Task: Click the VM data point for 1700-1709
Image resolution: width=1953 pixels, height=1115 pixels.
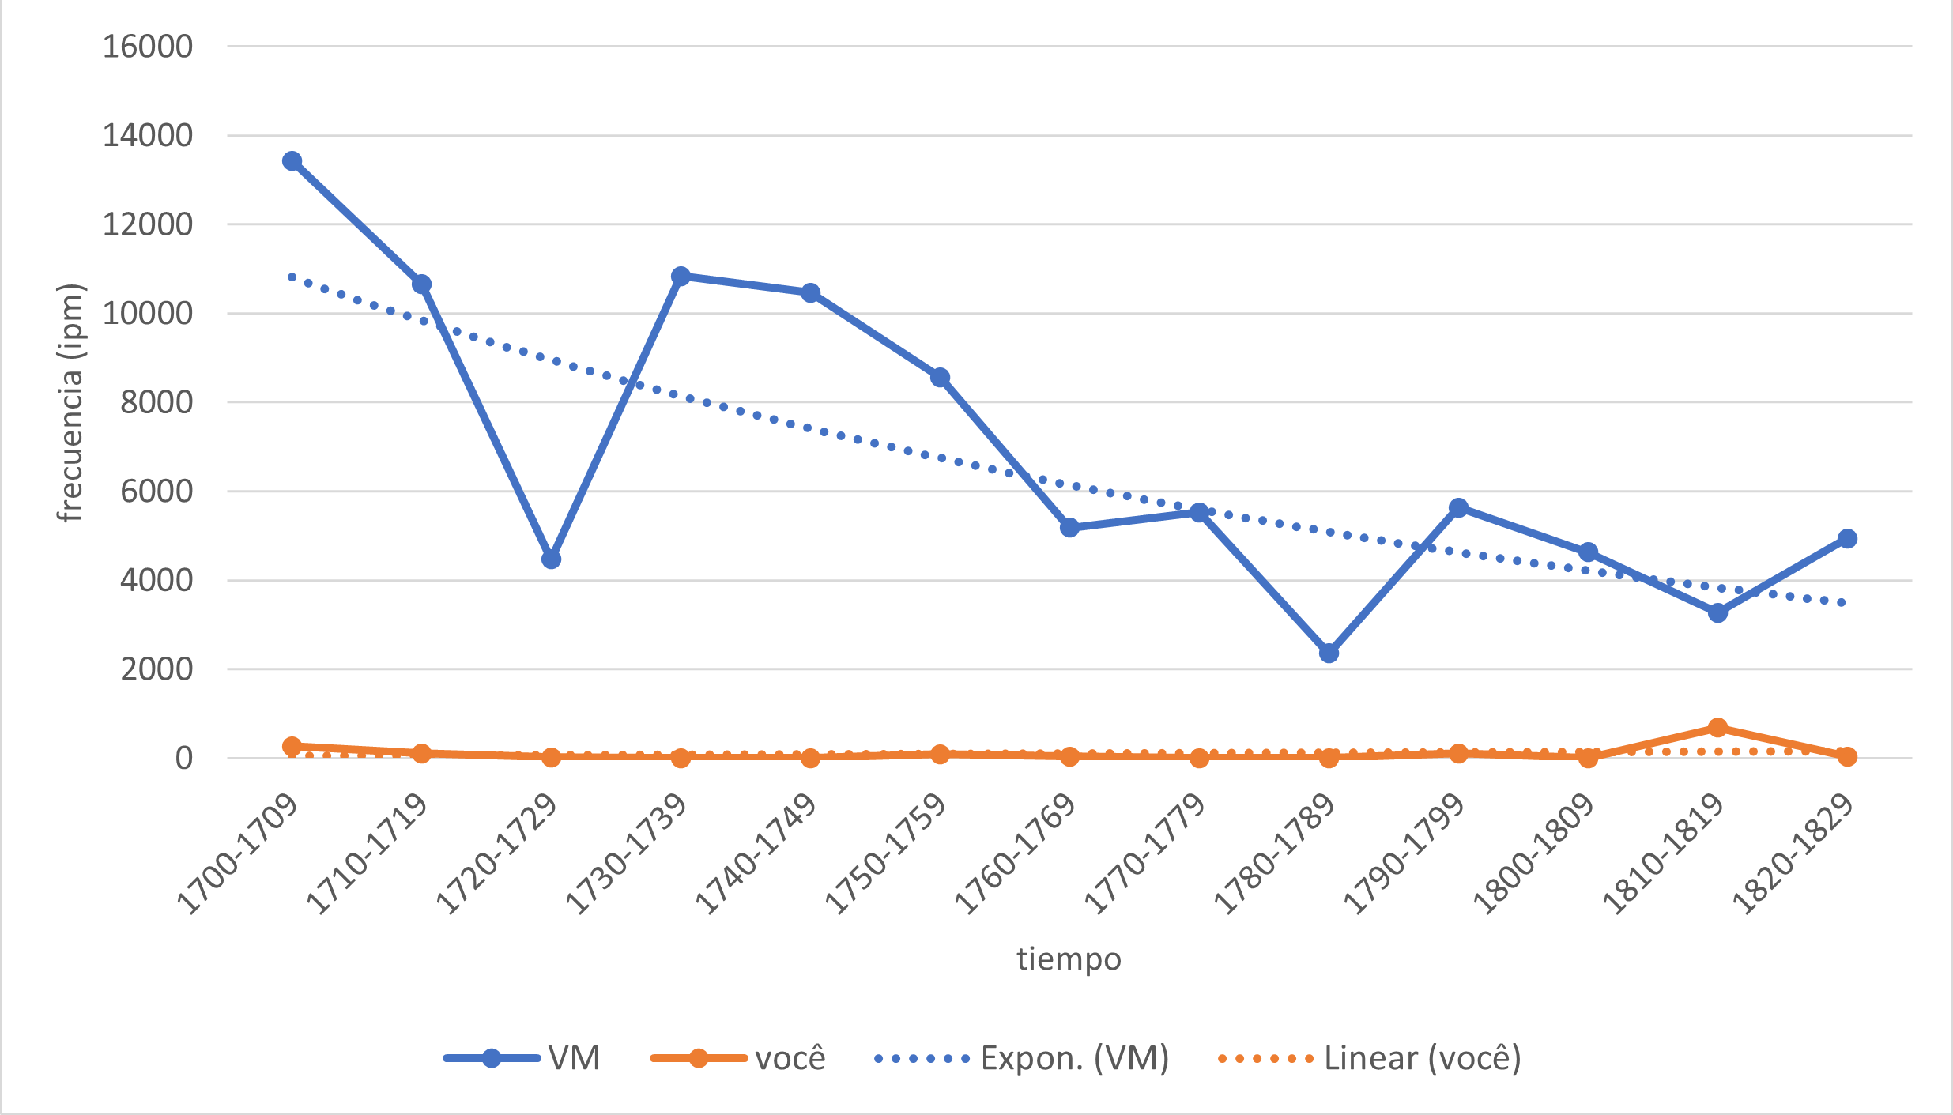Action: click(x=292, y=161)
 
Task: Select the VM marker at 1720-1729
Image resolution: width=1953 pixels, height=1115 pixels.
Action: click(x=551, y=559)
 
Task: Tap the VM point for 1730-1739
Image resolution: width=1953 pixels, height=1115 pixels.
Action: click(x=681, y=277)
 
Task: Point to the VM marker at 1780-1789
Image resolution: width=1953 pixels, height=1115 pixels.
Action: click(x=1329, y=654)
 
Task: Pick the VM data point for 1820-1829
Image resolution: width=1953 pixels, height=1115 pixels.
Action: click(x=1847, y=539)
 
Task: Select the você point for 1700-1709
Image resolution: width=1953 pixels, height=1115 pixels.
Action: click(x=292, y=746)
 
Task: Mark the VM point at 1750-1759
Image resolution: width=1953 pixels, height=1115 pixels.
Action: click(x=940, y=378)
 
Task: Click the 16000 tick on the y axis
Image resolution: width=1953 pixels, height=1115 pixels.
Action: click(x=148, y=47)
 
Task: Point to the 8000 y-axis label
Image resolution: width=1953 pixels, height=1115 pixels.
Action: click(x=156, y=402)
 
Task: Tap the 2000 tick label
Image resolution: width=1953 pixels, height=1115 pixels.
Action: click(x=156, y=669)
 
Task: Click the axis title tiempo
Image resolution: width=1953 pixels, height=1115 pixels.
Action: click(x=1069, y=959)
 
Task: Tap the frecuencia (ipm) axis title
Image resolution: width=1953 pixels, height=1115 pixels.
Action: click(x=71, y=402)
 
